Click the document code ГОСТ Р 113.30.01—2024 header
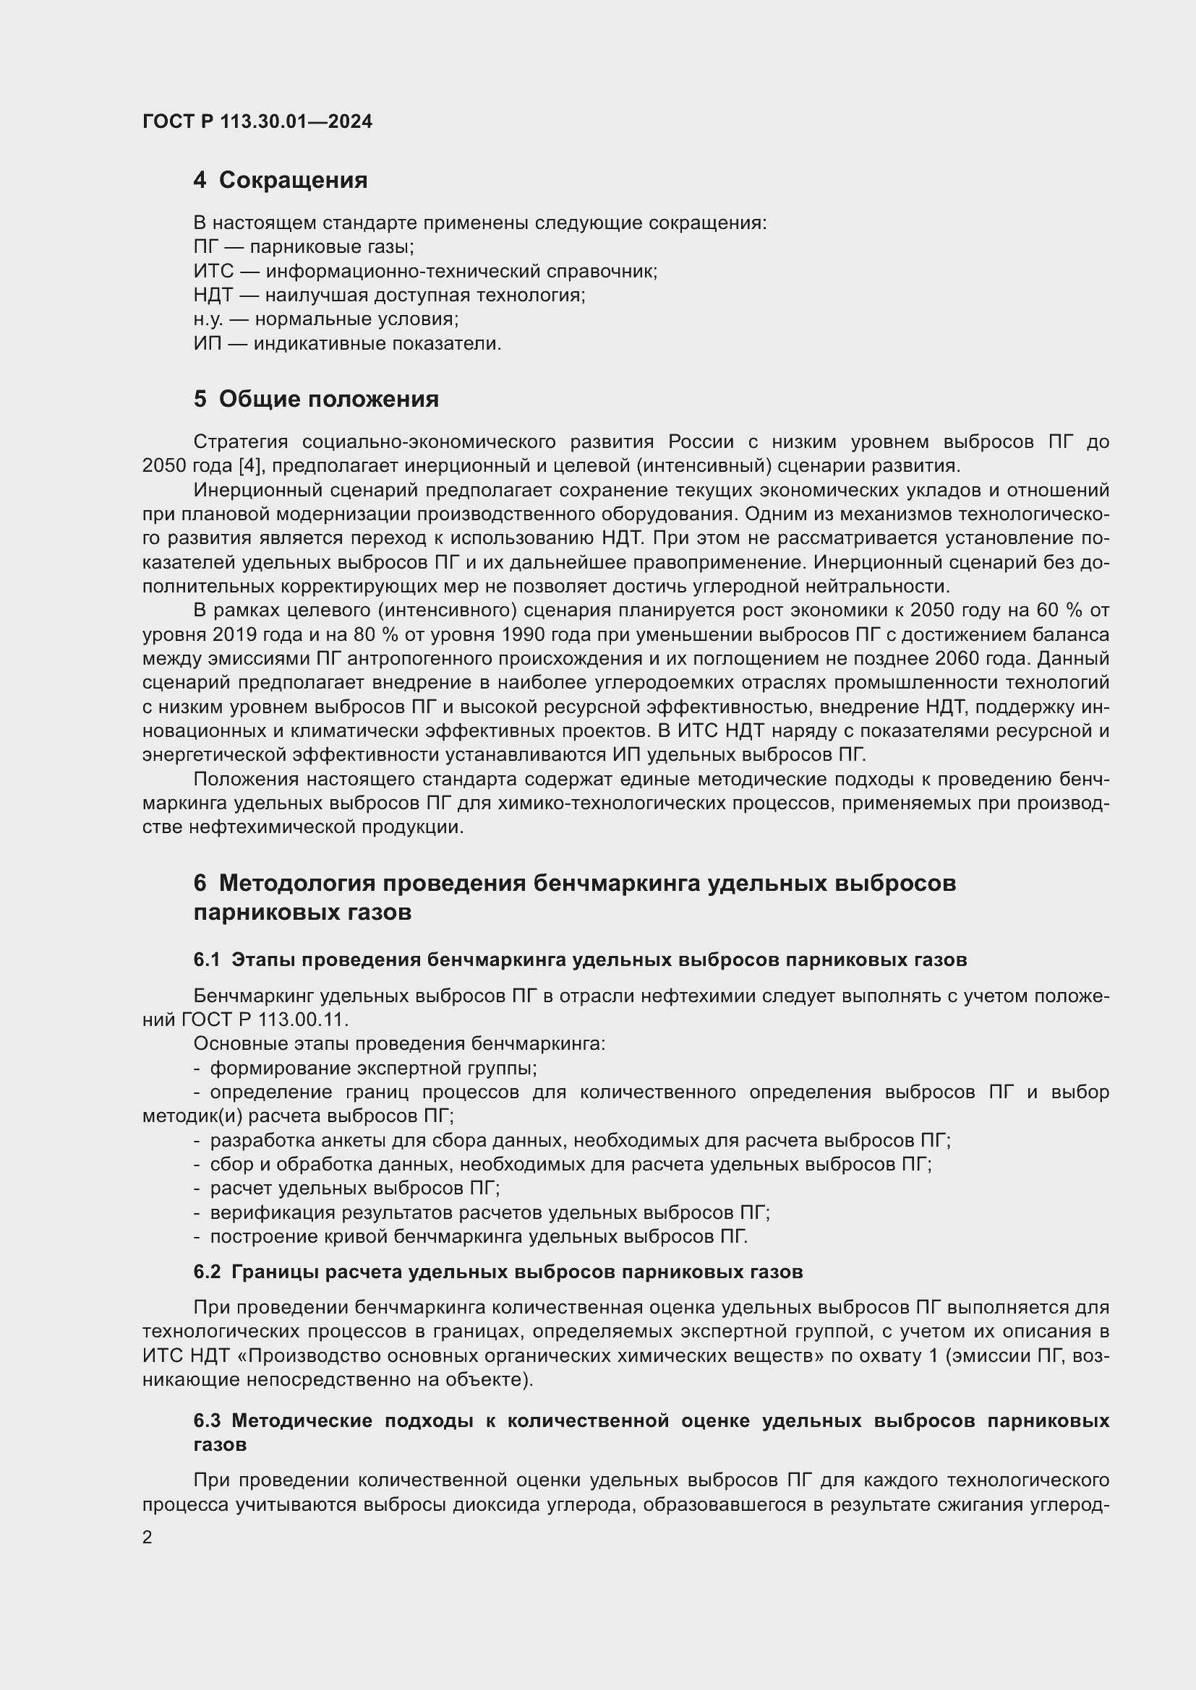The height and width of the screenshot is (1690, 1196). [x=257, y=121]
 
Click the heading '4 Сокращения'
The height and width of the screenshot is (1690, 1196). [x=280, y=180]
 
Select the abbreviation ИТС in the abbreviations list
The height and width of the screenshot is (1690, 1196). [x=213, y=271]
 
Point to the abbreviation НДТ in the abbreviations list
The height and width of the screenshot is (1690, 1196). [x=213, y=296]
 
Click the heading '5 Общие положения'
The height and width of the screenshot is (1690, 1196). [x=316, y=399]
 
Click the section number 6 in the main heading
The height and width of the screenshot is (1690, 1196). [x=200, y=882]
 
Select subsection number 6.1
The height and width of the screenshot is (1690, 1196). [x=206, y=960]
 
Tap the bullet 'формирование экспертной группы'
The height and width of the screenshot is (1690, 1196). [x=372, y=1068]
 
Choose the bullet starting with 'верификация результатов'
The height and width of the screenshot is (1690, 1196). [x=489, y=1213]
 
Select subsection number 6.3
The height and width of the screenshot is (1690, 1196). [x=206, y=1420]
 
